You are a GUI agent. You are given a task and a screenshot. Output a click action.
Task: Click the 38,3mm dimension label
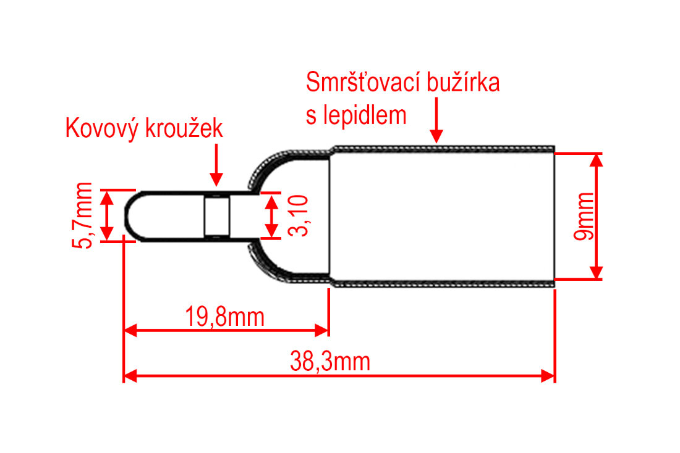point(330,362)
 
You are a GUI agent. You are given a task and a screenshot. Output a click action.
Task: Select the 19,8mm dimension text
point(224,317)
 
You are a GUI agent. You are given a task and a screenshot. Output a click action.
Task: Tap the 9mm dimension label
point(584,216)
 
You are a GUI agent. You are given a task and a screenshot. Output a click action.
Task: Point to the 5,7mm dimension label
point(82,215)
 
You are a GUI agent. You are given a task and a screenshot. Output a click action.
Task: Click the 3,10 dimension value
point(299,215)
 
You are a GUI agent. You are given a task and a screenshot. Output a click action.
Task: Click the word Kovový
point(103,128)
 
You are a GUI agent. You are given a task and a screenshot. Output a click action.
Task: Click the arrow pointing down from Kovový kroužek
point(216,165)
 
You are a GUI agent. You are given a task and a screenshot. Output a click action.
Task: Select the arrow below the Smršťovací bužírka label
point(436,120)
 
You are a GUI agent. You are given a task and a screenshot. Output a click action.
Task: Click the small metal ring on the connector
point(217,215)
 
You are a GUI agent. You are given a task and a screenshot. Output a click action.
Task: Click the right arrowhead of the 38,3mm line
point(548,375)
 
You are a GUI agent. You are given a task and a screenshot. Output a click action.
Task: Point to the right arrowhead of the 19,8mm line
point(322,331)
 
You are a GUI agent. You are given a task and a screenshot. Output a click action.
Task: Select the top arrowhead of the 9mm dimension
point(597,160)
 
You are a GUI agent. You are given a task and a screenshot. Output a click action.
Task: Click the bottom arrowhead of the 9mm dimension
point(597,273)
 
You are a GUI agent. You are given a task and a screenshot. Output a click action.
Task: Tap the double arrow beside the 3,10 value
point(271,215)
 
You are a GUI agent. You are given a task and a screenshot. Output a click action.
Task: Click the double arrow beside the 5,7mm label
point(107,215)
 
